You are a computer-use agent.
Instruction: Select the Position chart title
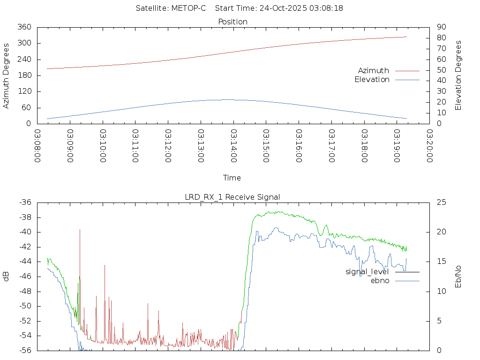[232, 22]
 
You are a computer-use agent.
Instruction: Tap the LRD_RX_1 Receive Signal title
[232, 197]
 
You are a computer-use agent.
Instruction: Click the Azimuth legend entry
[374, 71]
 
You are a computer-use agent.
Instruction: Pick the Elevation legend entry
[372, 80]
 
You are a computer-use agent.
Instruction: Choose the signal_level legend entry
[367, 272]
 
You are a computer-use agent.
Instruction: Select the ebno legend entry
[380, 281]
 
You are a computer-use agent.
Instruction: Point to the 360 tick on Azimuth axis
[24, 27]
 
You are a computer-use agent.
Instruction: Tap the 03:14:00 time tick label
[233, 146]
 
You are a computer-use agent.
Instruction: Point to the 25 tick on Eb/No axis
[441, 202]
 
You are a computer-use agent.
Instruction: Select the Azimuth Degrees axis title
[7, 75]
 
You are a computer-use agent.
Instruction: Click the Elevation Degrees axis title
[458, 75]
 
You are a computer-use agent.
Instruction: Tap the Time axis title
[232, 178]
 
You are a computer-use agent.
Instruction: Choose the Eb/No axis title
[458, 277]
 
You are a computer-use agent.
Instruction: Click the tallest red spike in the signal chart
[80, 230]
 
